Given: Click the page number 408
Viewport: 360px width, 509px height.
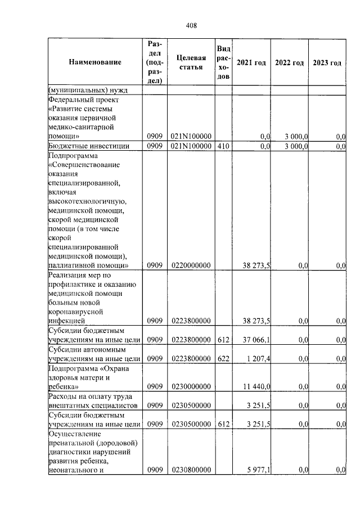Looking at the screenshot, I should pos(191,25).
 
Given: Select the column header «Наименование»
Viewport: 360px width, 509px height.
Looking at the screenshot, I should pos(95,62).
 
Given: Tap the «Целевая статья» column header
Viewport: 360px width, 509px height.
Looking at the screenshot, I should pos(191,62).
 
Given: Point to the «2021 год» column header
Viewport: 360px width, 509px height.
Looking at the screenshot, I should pos(251,62).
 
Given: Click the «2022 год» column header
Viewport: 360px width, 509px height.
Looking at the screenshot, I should pos(289,62).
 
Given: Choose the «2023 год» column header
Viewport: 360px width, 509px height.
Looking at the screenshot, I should pos(327,62).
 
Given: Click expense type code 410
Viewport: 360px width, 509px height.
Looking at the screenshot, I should pos(223,146).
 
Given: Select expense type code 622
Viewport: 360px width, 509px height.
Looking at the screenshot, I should pos(223,358).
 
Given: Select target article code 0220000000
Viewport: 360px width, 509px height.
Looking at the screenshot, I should pos(191,265).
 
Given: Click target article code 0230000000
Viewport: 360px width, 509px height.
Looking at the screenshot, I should pos(191,386).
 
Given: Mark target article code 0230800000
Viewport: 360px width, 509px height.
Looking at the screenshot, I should pos(191,470).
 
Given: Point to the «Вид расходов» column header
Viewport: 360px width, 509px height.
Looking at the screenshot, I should pos(223,62).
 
